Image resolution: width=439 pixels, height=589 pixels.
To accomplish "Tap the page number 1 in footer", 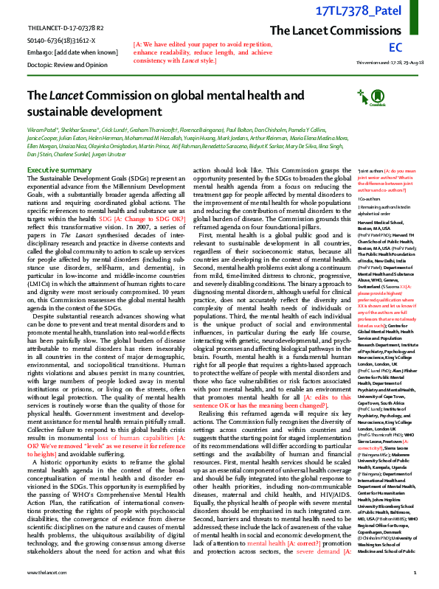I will click(415, 572).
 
